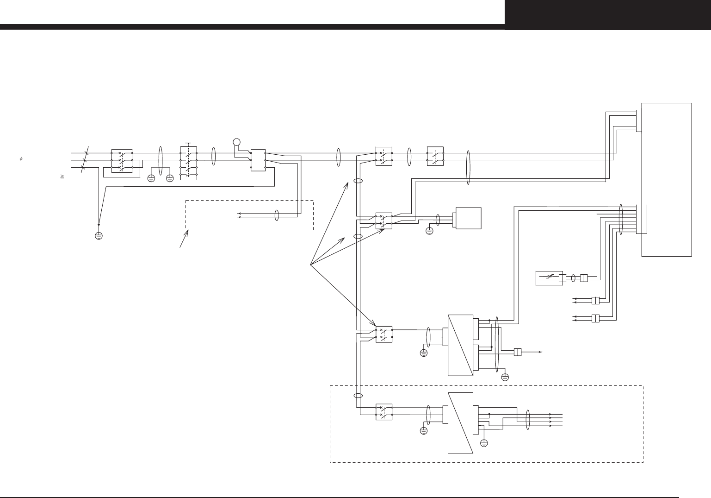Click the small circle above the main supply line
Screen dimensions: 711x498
pos(236,142)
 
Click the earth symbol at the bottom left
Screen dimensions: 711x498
pos(99,236)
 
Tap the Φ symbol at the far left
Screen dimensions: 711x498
pos(21,159)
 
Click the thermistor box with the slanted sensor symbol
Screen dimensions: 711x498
pos(549,278)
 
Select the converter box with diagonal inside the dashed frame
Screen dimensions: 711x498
pos(461,423)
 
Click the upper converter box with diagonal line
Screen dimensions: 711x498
pos(461,345)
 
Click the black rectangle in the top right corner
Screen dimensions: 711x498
pos(608,15)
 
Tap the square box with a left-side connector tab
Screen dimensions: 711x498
pos(469,218)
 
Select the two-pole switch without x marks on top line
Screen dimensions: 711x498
pos(435,156)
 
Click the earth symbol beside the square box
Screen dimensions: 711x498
pos(429,230)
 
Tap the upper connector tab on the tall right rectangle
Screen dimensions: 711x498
pos(639,120)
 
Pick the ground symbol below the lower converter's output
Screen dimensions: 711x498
pos(484,443)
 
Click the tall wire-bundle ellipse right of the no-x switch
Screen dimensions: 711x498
pos(468,168)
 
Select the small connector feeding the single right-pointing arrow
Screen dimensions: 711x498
pos(518,352)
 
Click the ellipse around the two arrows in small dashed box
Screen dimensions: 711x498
pos(277,215)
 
